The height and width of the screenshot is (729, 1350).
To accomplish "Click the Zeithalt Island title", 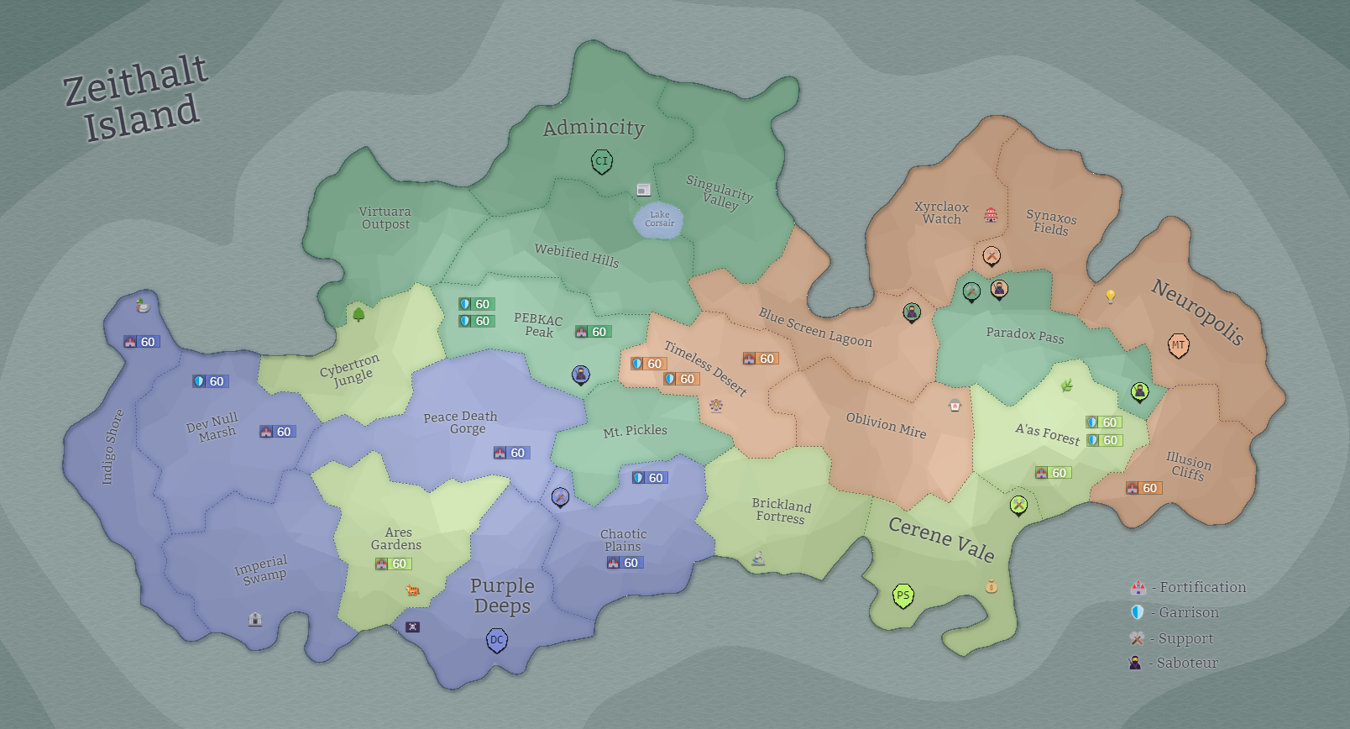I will [x=135, y=97].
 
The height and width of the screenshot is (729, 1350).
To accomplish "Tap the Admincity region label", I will [x=594, y=128].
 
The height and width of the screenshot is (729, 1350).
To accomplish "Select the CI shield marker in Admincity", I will [x=601, y=161].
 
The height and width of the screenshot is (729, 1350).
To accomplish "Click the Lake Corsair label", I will [x=659, y=219].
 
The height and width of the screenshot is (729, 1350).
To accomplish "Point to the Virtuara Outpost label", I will [x=385, y=218].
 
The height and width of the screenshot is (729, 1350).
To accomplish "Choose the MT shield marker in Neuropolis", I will [x=1179, y=345].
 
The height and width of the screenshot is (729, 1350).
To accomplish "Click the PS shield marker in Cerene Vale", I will [x=903, y=596].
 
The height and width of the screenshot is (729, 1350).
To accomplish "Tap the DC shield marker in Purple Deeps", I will [x=497, y=641].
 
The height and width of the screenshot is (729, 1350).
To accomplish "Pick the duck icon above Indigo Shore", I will [x=143, y=306].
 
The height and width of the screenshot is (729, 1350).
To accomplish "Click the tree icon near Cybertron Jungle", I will [x=358, y=314].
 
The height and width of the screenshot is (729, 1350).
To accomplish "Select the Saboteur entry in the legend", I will [x=1175, y=663].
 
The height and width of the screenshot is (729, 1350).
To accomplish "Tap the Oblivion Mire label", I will [x=886, y=426].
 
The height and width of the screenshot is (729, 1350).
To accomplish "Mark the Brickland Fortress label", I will [x=781, y=511].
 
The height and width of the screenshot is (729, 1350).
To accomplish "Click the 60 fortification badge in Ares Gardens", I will [x=393, y=564].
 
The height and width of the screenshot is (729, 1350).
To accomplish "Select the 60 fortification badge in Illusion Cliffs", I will [x=1143, y=488].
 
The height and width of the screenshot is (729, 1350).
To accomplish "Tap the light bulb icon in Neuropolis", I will [x=1110, y=296].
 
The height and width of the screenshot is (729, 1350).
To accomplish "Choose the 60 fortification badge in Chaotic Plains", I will [x=625, y=563].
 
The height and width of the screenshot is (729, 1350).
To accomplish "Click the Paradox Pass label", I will [x=1024, y=335].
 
